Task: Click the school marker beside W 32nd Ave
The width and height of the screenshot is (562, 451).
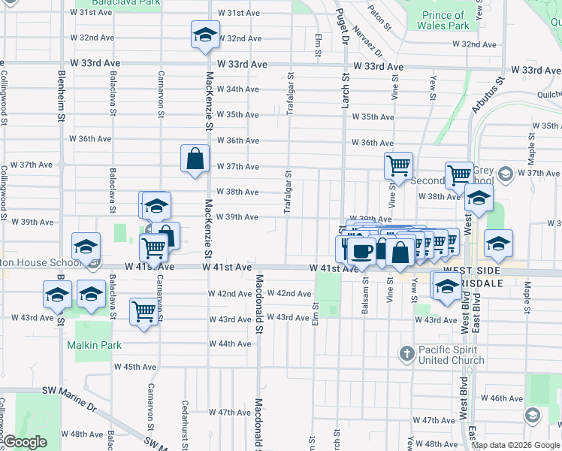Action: (204, 35)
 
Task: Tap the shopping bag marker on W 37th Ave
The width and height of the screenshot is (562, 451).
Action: (195, 159)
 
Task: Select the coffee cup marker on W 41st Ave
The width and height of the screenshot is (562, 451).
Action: (362, 250)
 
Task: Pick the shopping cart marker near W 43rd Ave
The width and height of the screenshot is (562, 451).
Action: (144, 312)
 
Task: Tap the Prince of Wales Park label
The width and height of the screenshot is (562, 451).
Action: (446, 20)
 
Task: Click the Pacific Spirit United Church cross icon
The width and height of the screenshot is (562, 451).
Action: (406, 353)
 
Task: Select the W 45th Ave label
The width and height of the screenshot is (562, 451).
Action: (135, 367)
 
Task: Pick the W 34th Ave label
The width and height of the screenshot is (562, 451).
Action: (237, 89)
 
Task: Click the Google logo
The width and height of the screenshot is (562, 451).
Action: (25, 443)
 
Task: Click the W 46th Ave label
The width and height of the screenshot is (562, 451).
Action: (502, 398)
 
